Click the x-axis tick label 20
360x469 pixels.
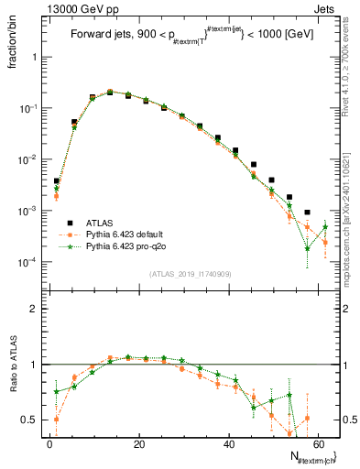138,442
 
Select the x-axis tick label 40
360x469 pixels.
228,442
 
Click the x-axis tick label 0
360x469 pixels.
49,442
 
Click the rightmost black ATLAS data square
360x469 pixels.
307,213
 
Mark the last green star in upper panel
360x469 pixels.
325,227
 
